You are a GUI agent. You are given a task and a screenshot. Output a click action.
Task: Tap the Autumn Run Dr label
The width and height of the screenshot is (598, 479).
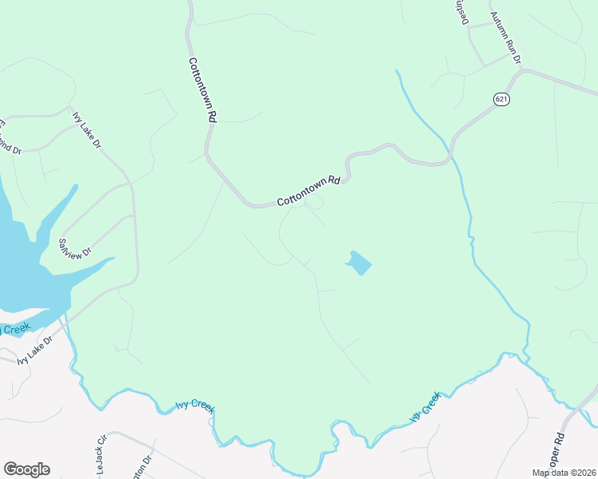pos(504,38)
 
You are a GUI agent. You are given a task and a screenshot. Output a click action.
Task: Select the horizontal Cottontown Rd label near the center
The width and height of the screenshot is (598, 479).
pos(309,192)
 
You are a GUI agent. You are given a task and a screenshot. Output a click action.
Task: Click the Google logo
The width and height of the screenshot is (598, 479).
pos(26,469)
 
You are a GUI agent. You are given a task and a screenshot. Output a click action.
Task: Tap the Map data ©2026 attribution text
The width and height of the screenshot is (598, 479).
pos(564,473)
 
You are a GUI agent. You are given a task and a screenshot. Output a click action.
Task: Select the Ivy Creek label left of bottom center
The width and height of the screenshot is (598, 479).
pos(195,408)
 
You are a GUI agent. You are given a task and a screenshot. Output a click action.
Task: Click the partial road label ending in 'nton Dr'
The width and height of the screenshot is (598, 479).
pos(146,465)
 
